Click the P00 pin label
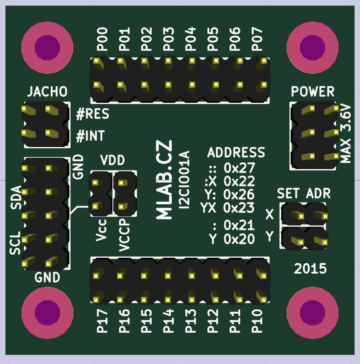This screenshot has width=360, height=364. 102,40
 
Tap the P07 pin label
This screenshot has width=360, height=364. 257,40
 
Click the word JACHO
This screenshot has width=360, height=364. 47,91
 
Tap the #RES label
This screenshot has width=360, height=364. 92,114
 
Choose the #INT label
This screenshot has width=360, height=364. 90,136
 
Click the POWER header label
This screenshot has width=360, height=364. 312,91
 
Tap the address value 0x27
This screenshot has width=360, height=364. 239,168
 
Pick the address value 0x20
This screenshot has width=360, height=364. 239,239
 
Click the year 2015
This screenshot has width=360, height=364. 310,268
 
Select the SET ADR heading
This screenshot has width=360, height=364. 304,193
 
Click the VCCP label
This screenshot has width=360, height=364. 124,235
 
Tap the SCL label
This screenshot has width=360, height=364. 15,243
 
